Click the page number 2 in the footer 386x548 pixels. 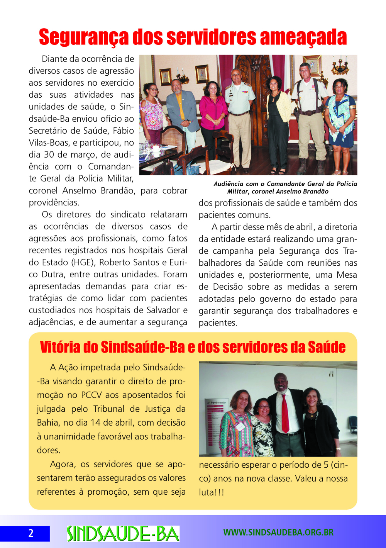[x=30, y=533]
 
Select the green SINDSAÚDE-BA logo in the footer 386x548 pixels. [x=123, y=533]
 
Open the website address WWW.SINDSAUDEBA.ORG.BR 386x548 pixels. [x=278, y=533]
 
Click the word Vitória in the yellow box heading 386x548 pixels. [x=60, y=347]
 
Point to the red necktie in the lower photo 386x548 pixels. [x=285, y=413]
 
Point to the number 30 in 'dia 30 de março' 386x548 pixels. [x=49, y=154]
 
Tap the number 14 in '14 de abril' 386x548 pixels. [x=95, y=422]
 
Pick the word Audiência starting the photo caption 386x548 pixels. [x=228, y=184]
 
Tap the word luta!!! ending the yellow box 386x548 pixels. [x=211, y=492]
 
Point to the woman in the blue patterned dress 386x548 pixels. [x=340, y=120]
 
